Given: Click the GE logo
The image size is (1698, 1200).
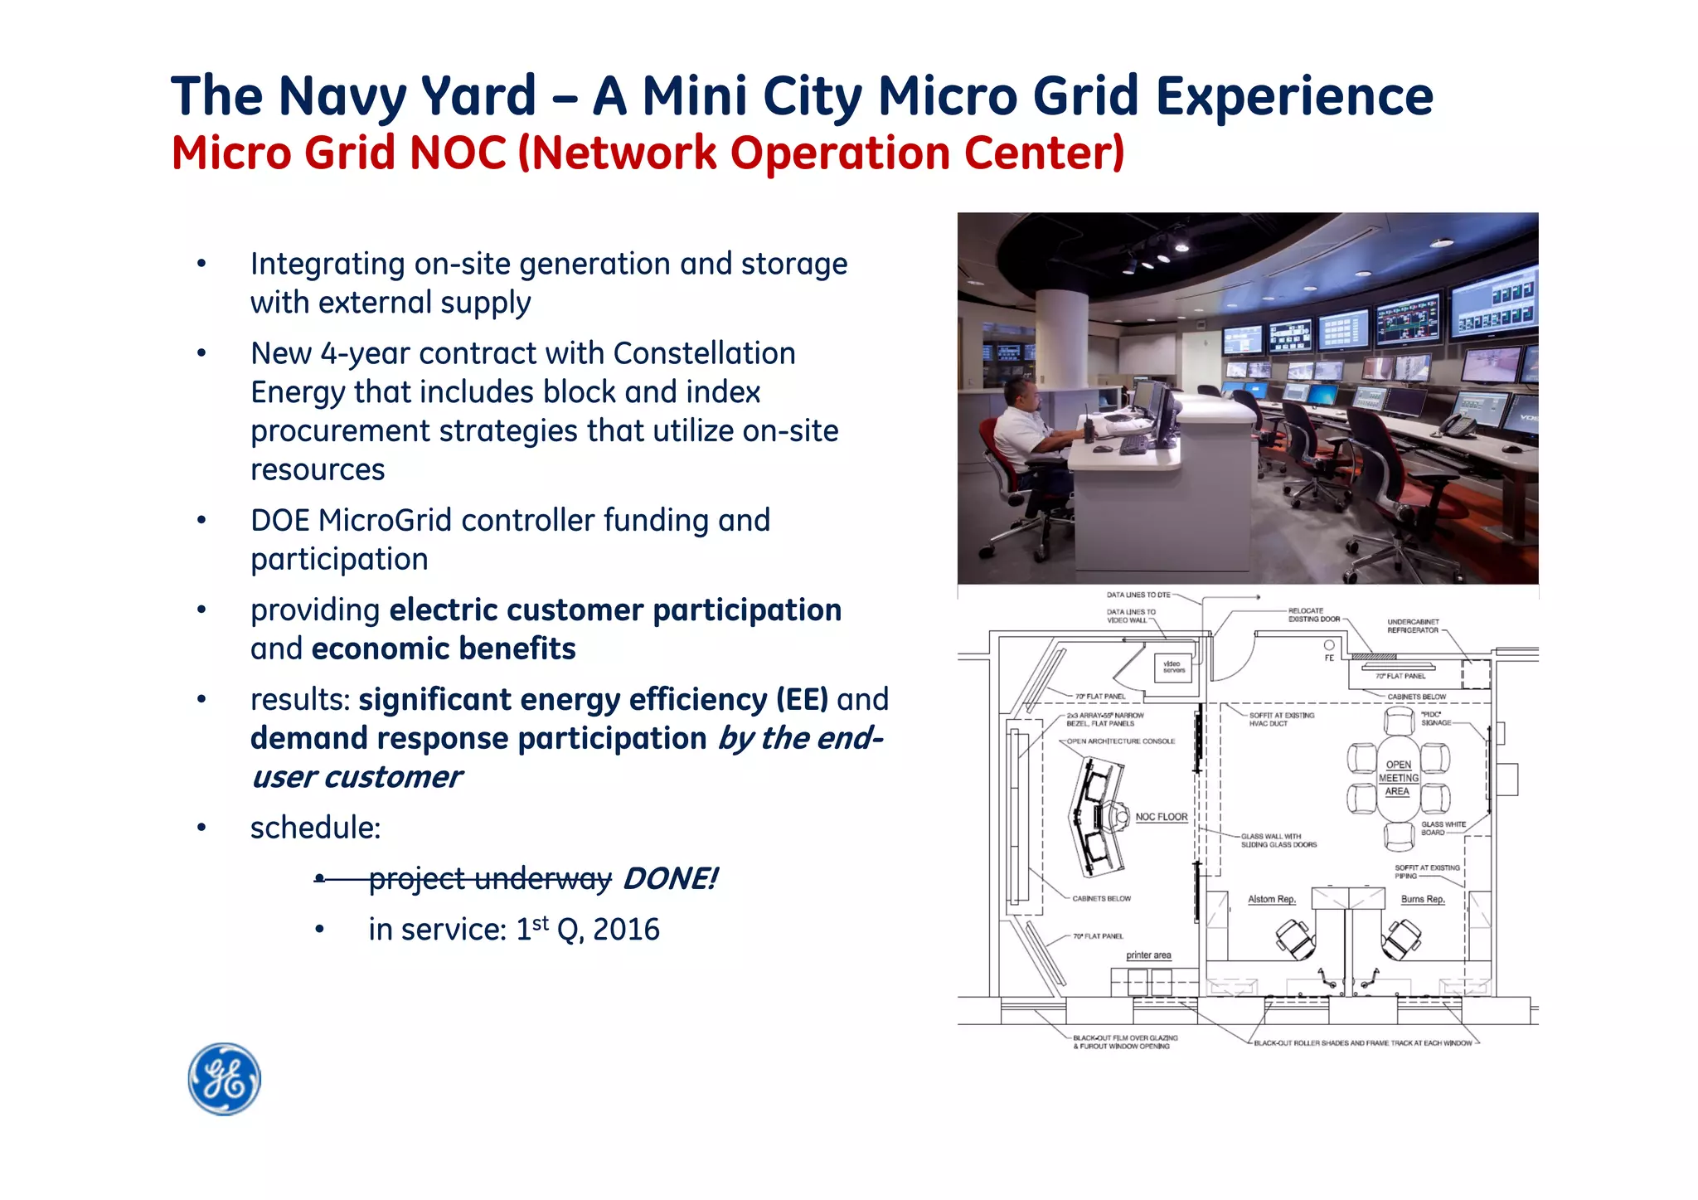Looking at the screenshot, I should pyautogui.click(x=224, y=1079).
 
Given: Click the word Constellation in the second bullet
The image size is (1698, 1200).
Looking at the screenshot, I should pyautogui.click(x=704, y=354).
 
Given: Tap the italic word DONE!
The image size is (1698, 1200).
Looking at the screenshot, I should pyautogui.click(x=670, y=878).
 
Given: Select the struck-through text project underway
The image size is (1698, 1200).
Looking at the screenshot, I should pyautogui.click(x=490, y=878).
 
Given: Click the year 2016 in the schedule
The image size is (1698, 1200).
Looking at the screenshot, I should pyautogui.click(x=626, y=930).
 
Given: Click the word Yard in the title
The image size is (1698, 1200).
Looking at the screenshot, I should pyautogui.click(x=478, y=96).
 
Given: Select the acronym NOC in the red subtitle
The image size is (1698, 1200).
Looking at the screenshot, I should pyautogui.click(x=458, y=153).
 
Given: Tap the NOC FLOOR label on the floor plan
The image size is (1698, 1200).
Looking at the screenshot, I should pyautogui.click(x=1161, y=817).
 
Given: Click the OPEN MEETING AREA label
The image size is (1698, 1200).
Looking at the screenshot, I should pyautogui.click(x=1399, y=778).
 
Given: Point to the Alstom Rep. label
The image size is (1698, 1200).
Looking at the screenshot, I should pyautogui.click(x=1271, y=899).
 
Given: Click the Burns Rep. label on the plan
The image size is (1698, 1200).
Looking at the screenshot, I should pyautogui.click(x=1423, y=899).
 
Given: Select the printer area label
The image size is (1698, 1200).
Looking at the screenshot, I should pyautogui.click(x=1148, y=955).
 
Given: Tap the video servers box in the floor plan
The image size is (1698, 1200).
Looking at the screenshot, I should pyautogui.click(x=1173, y=667).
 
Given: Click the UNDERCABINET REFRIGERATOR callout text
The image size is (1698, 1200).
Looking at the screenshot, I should pyautogui.click(x=1413, y=626).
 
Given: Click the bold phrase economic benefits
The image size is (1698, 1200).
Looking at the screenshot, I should pyautogui.click(x=444, y=649).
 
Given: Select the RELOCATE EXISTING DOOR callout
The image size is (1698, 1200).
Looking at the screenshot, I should pyautogui.click(x=1313, y=615).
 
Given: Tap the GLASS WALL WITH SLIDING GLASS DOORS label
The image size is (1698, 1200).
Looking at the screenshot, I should pyautogui.click(x=1278, y=841).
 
